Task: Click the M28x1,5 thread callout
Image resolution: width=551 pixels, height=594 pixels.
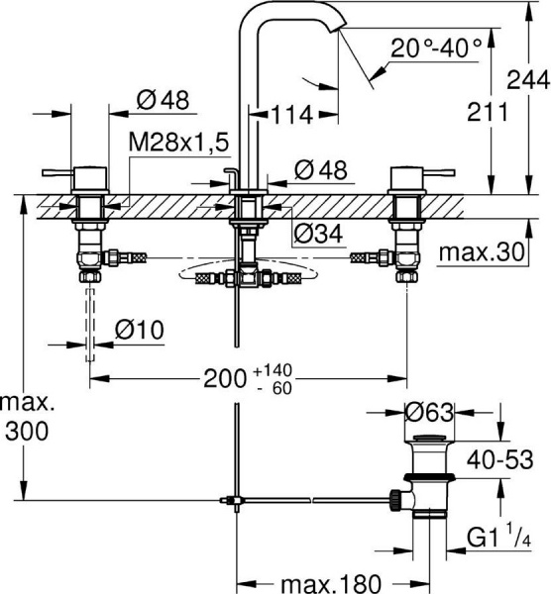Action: pyautogui.click(x=178, y=143)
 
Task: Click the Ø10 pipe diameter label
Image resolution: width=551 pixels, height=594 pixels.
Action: pyautogui.click(x=140, y=328)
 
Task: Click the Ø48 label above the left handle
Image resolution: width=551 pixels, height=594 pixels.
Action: pyautogui.click(x=162, y=99)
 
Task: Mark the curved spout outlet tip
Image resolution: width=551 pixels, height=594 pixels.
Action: pyautogui.click(x=339, y=30)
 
